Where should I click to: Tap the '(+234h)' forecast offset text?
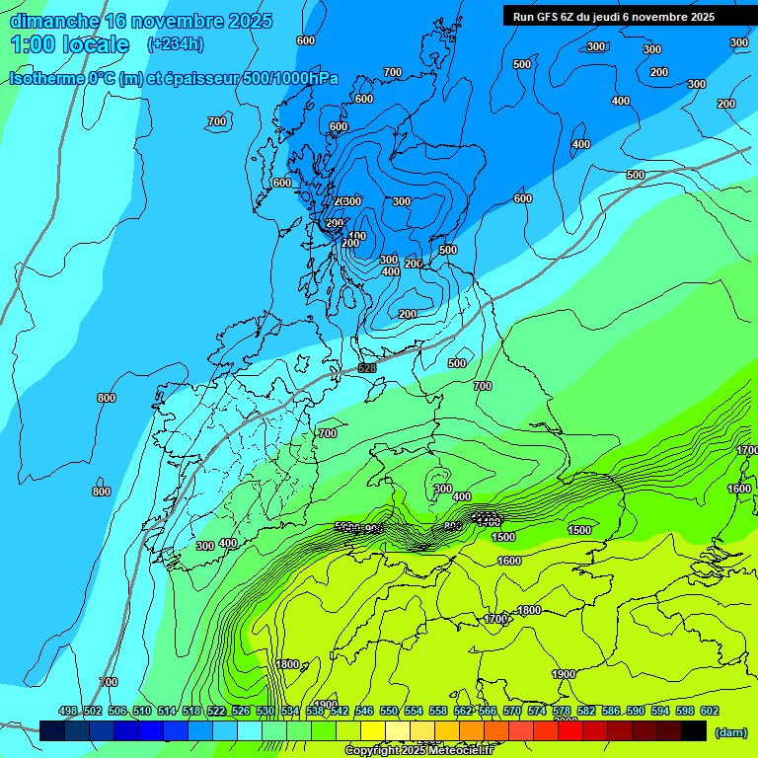[x=175, y=43]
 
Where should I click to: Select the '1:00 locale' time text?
[x=70, y=44]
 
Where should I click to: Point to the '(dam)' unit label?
[x=729, y=731]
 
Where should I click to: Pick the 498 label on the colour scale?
[x=68, y=711]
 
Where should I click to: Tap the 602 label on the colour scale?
[x=710, y=711]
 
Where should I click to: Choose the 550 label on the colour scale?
[x=389, y=711]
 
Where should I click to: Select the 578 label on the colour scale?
[x=562, y=711]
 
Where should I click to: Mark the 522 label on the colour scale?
[x=216, y=711]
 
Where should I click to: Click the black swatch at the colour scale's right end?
[x=694, y=730]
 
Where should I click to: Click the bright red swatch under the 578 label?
[x=570, y=730]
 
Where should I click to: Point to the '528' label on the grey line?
[x=367, y=368]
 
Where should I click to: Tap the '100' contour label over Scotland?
[x=356, y=237]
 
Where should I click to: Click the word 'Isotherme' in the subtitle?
[x=50, y=78]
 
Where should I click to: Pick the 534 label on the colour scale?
[x=290, y=711]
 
